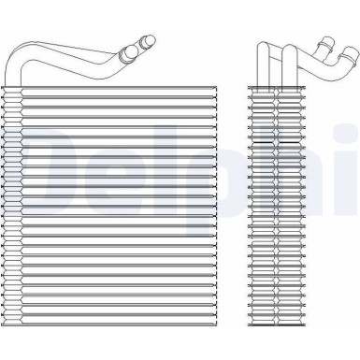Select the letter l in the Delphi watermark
169,178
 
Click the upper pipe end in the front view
147,40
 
